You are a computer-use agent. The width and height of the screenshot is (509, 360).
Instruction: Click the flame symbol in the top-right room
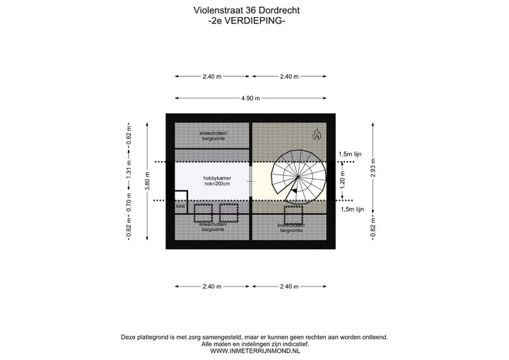(x=317, y=134)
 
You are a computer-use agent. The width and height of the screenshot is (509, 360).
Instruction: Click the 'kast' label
(x=180, y=207)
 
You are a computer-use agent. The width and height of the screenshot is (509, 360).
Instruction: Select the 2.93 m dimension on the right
(x=372, y=170)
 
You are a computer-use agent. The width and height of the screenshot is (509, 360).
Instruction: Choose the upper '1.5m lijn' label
(x=351, y=154)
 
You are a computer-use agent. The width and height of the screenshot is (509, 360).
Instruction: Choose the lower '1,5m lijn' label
(x=351, y=209)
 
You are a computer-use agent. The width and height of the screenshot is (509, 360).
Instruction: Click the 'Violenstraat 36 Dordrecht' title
(x=246, y=11)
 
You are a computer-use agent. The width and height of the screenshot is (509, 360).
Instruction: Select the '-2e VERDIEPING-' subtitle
(x=247, y=21)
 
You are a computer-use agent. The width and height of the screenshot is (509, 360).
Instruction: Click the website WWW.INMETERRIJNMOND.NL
(x=255, y=350)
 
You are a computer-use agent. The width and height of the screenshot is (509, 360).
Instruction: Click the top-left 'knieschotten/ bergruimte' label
(x=213, y=136)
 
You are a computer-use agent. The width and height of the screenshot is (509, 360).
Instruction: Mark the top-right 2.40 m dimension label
(x=289, y=76)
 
